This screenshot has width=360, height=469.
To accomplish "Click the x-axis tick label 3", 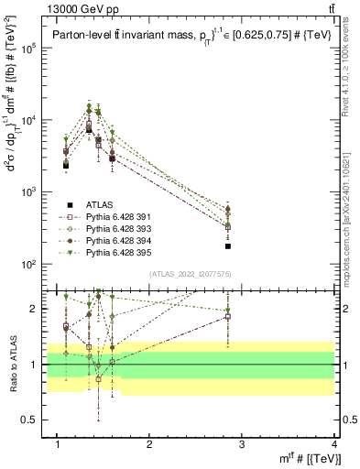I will click(x=242, y=444).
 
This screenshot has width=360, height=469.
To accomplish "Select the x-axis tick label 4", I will click(x=334, y=444).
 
